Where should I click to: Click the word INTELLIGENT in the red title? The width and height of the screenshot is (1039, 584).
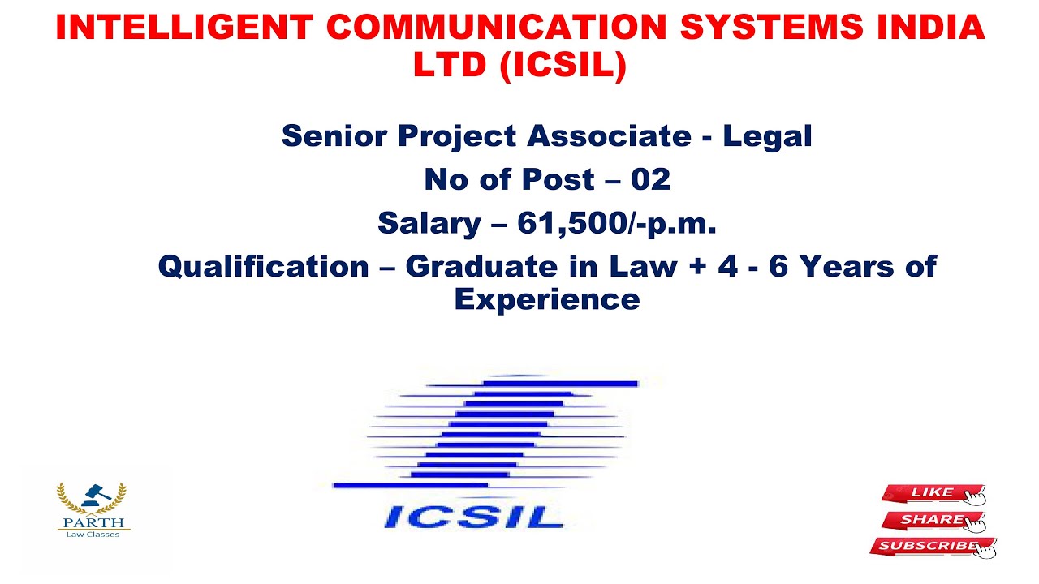183,28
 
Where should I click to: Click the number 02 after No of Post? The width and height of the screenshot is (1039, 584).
650,179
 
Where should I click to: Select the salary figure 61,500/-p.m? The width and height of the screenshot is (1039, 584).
617,223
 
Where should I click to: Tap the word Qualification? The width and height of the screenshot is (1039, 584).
263,266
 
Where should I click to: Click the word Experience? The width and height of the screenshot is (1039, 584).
547,299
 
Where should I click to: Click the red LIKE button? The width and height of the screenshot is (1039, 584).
933,492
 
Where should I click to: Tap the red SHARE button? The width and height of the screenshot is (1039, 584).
933,520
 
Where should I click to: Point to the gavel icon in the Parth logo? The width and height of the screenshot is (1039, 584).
92,493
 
